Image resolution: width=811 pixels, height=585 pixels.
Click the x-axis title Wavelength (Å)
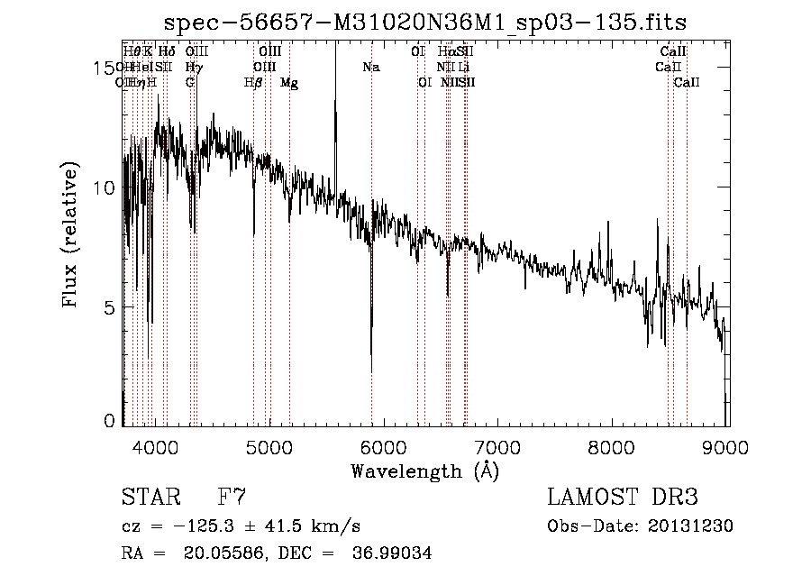tap(424, 471)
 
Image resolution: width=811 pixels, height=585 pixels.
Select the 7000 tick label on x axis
tap(498, 448)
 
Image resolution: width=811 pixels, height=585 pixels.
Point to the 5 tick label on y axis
tap(109, 307)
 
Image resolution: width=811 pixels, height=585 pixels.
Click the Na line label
tap(371, 68)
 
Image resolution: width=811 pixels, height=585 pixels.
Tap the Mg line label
tap(289, 83)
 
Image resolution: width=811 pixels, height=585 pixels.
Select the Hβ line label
tap(253, 83)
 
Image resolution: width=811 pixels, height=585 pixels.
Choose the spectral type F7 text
tap(232, 498)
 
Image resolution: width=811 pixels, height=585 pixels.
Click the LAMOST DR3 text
tap(622, 498)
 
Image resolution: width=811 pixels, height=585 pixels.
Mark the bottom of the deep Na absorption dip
tap(372, 370)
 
